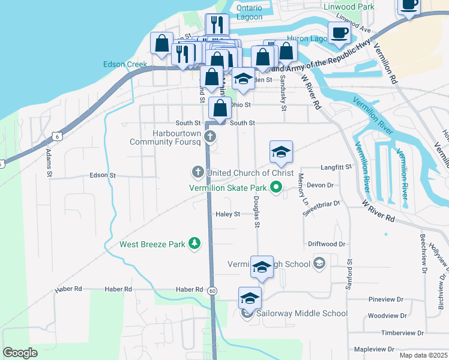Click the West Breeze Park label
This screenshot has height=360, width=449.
coord(153,244)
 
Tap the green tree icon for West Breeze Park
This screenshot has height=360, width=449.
coord(194,244)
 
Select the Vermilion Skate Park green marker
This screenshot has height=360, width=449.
coord(276,188)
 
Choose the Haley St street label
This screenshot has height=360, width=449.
coord(228,214)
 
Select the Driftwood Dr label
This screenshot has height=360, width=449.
coord(327,244)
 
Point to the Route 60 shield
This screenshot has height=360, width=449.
coord(212,290)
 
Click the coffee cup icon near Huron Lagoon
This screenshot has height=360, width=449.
coord(339,33)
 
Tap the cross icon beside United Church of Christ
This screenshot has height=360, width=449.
coord(197,173)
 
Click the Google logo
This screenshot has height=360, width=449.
coord(20,353)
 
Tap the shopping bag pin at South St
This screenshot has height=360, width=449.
coord(220,109)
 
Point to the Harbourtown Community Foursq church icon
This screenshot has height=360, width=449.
coord(210,137)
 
